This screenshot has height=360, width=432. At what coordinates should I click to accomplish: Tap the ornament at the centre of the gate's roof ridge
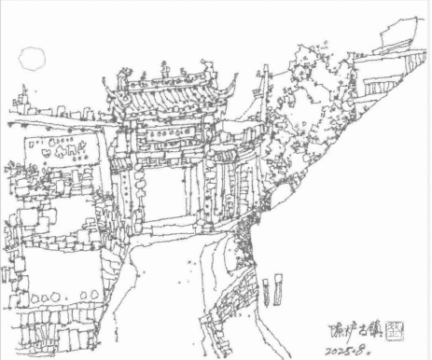(166, 69)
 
